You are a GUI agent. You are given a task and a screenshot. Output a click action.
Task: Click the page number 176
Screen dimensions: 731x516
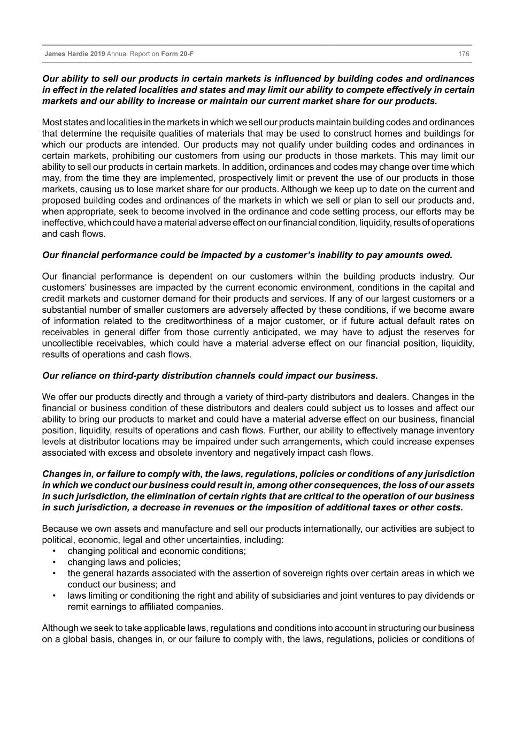click(x=464, y=54)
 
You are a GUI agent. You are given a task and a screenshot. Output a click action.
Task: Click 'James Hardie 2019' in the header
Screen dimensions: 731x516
click(x=74, y=54)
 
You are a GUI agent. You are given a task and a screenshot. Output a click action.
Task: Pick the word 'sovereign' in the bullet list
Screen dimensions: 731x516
click(x=291, y=574)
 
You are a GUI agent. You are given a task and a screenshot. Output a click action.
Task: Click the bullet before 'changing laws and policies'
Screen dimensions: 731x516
click(x=55, y=562)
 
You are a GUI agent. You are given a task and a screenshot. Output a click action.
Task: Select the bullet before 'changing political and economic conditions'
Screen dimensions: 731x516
click(x=55, y=551)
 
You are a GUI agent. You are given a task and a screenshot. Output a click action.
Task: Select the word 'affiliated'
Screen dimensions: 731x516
click(x=163, y=607)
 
